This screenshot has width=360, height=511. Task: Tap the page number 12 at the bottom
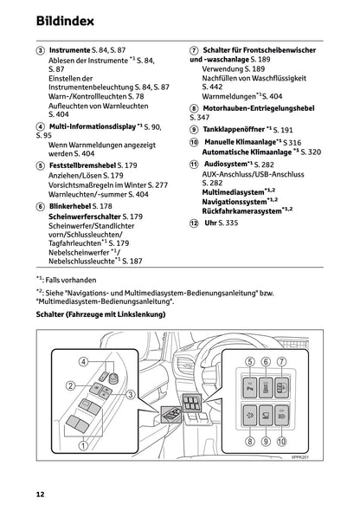(x=40, y=495)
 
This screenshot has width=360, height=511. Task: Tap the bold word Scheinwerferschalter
(x=85, y=217)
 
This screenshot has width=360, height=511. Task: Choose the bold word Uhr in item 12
(x=209, y=223)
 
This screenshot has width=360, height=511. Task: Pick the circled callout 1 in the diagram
(x=83, y=446)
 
